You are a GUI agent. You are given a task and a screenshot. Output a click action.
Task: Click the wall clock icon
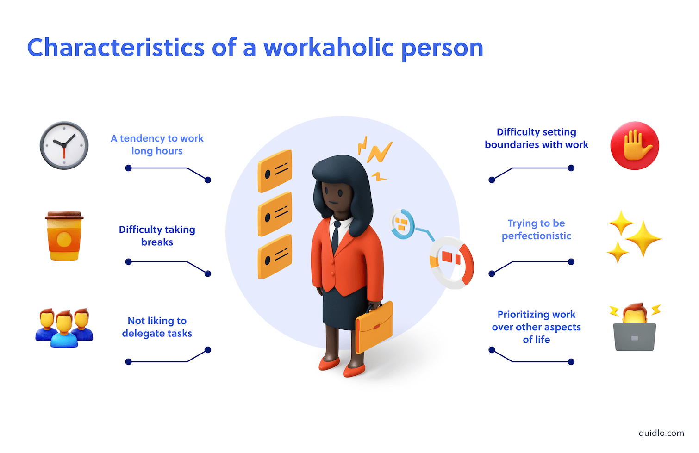[x=64, y=145]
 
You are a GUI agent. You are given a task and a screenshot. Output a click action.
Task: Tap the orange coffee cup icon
[x=64, y=236]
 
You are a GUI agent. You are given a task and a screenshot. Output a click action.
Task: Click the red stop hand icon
[x=635, y=145]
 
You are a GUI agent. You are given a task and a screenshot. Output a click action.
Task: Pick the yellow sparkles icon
[x=634, y=236]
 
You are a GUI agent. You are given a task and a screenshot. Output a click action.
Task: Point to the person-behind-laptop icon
[x=635, y=328]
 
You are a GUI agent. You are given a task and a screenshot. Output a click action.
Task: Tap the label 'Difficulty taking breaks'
[x=157, y=236]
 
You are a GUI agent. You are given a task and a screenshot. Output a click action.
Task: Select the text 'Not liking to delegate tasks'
[x=157, y=327]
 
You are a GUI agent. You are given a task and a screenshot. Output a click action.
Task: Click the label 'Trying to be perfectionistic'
[x=536, y=230]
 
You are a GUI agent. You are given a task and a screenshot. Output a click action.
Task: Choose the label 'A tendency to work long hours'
[x=157, y=144]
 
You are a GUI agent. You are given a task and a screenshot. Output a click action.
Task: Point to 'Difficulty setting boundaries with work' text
[x=536, y=138]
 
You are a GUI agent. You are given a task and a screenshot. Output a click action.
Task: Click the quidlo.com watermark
[x=661, y=433]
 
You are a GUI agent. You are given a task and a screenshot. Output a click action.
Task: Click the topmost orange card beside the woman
[x=275, y=171]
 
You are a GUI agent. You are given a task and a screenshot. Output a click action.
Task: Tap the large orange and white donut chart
[x=451, y=262]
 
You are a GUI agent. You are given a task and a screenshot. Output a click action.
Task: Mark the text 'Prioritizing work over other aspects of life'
[x=536, y=327]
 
